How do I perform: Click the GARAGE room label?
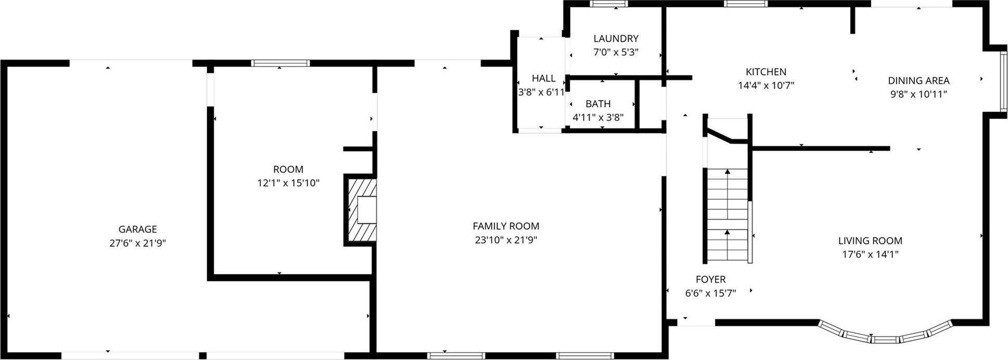coord(137,229)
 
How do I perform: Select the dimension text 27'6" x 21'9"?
coord(137,243)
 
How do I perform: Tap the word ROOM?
coord(288,169)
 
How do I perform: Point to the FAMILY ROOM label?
coord(506,226)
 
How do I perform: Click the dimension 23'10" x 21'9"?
coord(506,240)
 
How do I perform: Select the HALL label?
coord(543,79)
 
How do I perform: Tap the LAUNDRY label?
coord(616,38)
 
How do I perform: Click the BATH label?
coord(598,104)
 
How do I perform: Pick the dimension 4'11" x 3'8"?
coord(598,118)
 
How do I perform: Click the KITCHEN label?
coord(765,72)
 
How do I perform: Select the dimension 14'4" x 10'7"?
coord(765,86)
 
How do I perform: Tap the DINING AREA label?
coord(918,81)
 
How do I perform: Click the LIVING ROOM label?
coord(870,240)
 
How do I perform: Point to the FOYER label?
coord(710,279)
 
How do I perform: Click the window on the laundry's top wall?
coord(609,4)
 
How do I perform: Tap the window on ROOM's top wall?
coord(280,63)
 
